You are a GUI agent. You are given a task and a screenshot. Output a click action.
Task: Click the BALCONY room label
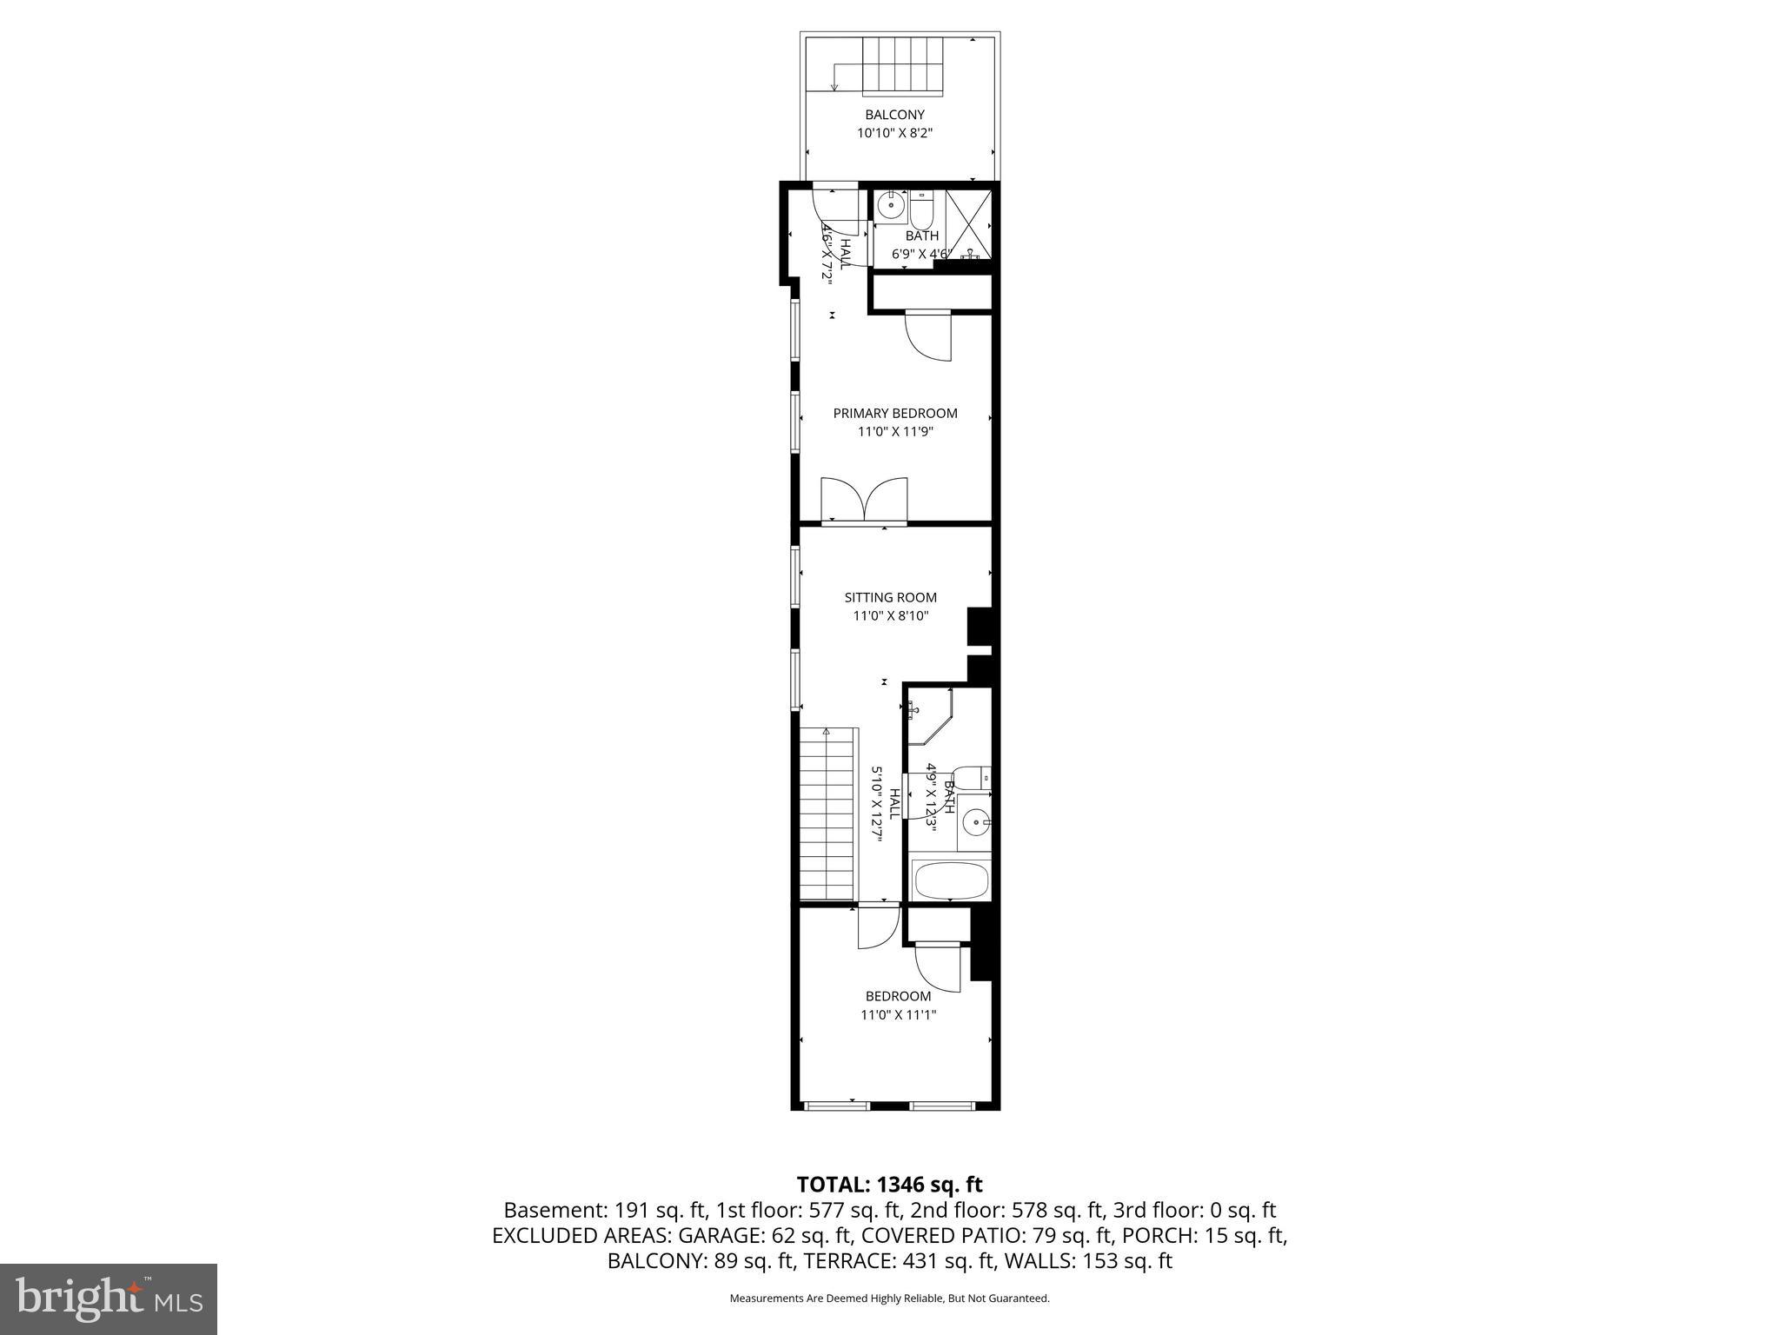(894, 115)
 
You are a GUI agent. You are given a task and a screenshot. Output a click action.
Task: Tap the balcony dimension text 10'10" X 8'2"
(894, 134)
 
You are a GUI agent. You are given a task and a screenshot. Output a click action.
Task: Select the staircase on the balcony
(901, 67)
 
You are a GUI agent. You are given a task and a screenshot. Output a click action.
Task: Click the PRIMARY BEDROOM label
(894, 414)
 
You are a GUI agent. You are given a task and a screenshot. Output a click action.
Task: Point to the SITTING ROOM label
(890, 598)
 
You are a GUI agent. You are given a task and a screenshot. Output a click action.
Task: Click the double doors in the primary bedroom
(864, 501)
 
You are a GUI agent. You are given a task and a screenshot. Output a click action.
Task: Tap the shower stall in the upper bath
(967, 223)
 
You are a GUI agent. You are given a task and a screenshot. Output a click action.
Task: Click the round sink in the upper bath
(890, 207)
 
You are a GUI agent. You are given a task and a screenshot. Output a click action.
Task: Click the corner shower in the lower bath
(927, 715)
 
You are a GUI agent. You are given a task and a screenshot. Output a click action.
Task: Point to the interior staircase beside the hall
(828, 813)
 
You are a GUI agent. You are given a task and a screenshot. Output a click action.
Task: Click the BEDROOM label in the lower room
(898, 996)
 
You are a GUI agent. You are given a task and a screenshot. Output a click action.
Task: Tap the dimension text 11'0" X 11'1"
(898, 1015)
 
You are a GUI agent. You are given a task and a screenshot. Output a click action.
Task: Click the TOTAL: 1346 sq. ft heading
(889, 1185)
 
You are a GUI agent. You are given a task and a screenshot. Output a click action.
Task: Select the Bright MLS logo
(108, 1298)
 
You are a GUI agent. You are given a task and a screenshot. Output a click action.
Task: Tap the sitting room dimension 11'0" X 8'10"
(890, 616)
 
